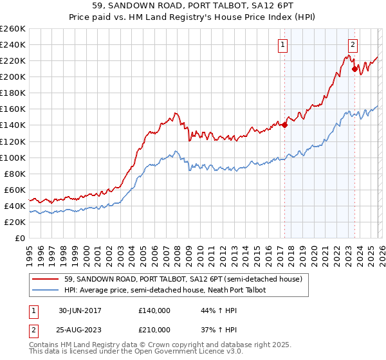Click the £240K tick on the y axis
tap(13, 44)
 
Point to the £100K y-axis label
tap(13, 157)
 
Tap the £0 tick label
tap(19, 238)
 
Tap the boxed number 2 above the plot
tap(353, 44)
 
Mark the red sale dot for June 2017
tap(284, 125)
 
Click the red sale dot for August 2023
tap(354, 68)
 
